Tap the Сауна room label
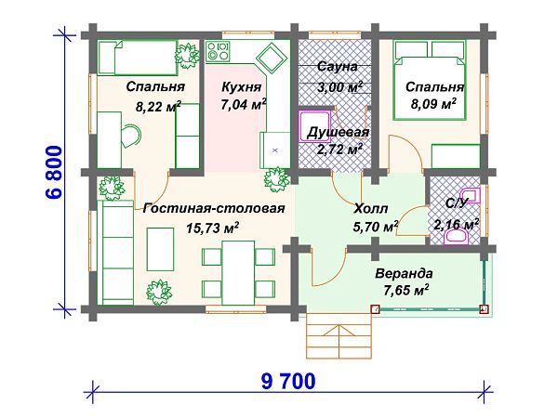pyautogui.click(x=332, y=68)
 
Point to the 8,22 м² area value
pyautogui.click(x=159, y=107)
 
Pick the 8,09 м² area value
pyautogui.click(x=434, y=105)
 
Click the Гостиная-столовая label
pyautogui.click(x=214, y=209)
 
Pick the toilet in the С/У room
pyautogui.click(x=458, y=238)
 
